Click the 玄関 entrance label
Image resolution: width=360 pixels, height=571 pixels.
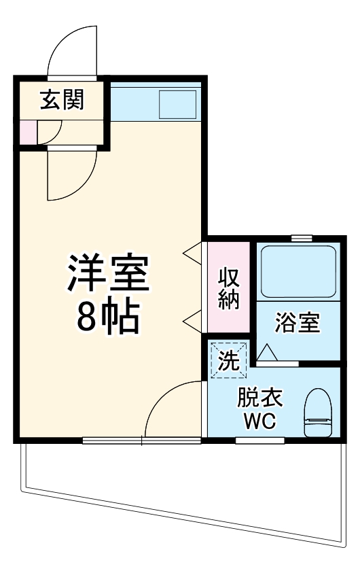pos(62,101)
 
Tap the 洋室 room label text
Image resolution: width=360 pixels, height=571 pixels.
pos(107,275)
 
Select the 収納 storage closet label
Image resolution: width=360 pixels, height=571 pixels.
pos(229,289)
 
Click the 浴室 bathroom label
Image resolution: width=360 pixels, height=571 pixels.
pos(297,324)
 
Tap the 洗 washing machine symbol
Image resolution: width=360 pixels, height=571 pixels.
pos(228,358)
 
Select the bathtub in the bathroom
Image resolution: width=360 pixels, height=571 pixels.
pos(298,272)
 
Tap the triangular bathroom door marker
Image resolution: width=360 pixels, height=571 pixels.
pos(267,352)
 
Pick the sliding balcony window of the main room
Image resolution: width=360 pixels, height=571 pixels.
pos(142,440)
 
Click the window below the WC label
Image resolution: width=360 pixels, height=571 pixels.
pos(259,440)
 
